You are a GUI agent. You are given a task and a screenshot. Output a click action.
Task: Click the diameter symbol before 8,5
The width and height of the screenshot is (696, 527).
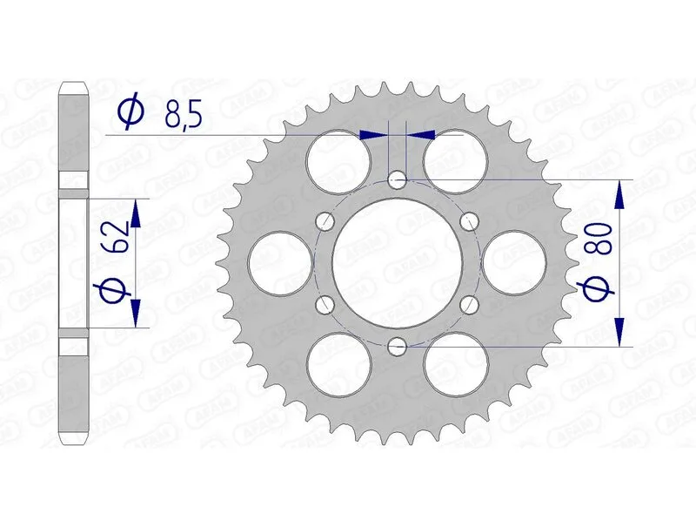pos(130,113)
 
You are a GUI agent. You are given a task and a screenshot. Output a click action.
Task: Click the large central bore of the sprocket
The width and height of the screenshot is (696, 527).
pos(398,263)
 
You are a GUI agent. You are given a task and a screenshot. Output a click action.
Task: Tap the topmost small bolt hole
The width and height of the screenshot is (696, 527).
pos(398,180)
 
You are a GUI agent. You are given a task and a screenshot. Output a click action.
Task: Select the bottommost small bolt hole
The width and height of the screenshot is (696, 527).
pos(398,347)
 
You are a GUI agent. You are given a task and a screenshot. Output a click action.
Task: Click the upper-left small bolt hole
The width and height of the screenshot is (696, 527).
pos(325,221)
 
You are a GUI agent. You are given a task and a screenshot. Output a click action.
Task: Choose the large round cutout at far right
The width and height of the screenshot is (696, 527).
pos(516,263)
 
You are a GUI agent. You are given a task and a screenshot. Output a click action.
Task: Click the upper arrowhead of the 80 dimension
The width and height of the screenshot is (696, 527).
pos(619,195)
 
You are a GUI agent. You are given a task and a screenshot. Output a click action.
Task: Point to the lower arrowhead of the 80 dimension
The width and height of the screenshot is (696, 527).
pos(619,331)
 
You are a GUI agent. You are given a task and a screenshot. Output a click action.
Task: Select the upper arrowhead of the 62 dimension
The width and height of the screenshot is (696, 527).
pos(135,212)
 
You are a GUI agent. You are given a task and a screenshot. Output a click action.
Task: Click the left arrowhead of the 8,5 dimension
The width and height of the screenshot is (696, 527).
pos(372,135)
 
